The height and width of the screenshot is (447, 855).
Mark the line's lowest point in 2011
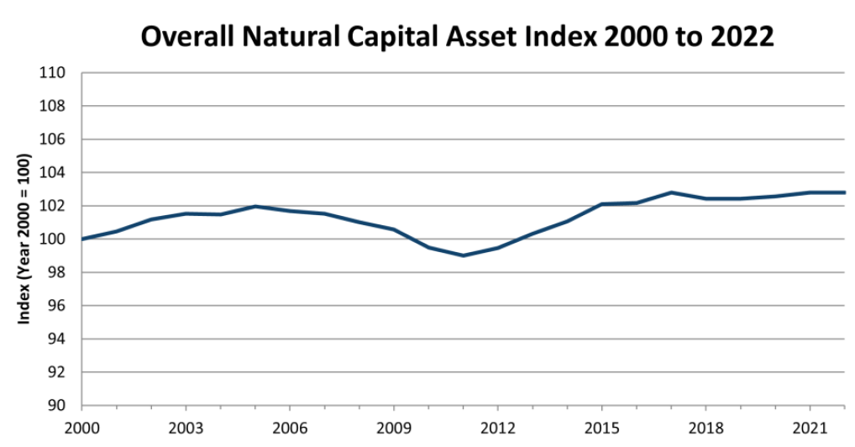click(x=463, y=255)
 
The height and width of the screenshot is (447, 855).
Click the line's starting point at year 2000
click(x=82, y=239)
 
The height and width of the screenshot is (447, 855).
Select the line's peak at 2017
click(x=671, y=192)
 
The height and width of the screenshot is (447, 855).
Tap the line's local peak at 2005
click(x=255, y=207)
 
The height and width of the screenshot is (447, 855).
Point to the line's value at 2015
click(x=601, y=204)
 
